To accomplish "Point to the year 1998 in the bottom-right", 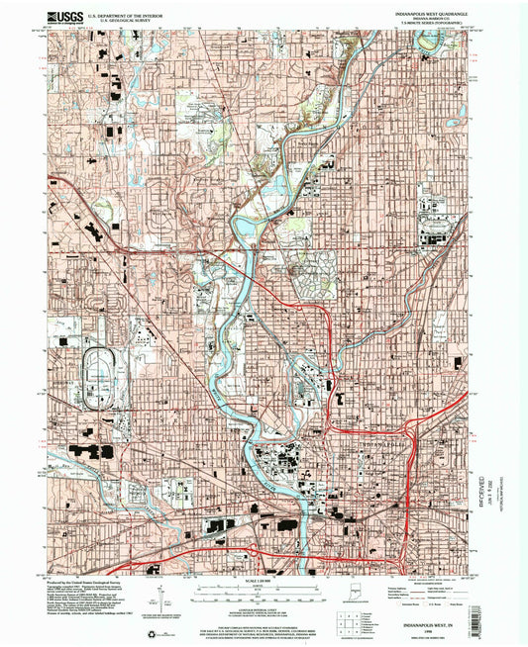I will tap(434, 633).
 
